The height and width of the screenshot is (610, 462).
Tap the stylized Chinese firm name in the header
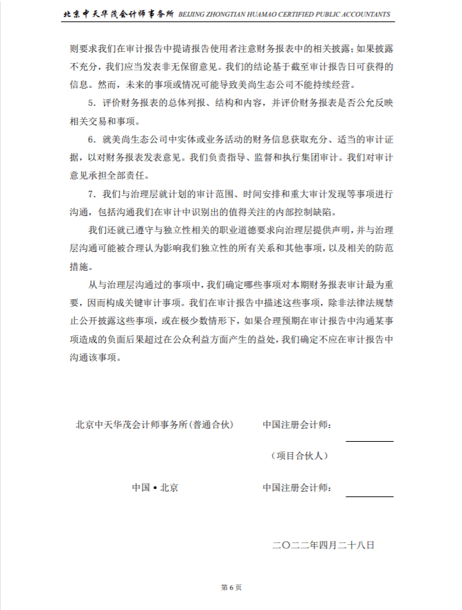point(118,14)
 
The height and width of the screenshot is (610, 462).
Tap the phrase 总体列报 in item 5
point(171,103)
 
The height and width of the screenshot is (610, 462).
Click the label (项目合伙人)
point(299,456)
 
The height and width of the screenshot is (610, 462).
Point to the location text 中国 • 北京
point(155,487)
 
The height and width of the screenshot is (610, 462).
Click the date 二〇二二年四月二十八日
point(323,545)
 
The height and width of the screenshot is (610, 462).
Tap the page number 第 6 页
point(231,587)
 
